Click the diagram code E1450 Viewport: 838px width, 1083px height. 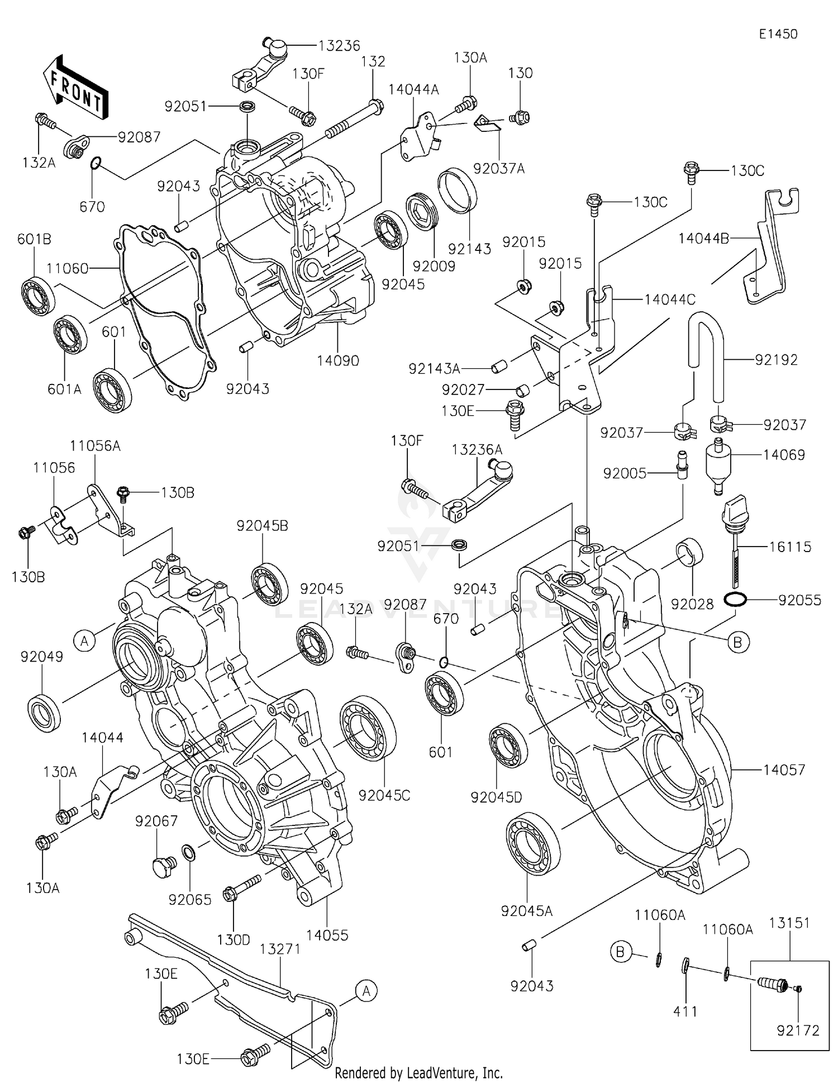click(x=778, y=34)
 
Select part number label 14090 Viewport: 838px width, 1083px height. click(x=338, y=361)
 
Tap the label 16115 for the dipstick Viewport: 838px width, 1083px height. click(x=789, y=547)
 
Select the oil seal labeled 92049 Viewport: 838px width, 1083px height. click(x=44, y=712)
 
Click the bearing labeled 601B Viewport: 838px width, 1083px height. click(x=39, y=296)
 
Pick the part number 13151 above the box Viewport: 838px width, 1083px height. click(x=789, y=923)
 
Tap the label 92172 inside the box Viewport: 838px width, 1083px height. click(x=798, y=1030)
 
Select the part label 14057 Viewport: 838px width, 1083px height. click(x=784, y=769)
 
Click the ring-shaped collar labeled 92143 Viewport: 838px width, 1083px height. click(x=457, y=190)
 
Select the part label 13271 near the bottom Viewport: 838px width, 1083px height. click(x=280, y=949)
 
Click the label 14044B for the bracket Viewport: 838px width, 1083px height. click(x=703, y=239)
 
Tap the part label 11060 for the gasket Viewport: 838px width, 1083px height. click(x=67, y=269)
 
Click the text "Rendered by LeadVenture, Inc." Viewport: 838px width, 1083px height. click(x=418, y=1072)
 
